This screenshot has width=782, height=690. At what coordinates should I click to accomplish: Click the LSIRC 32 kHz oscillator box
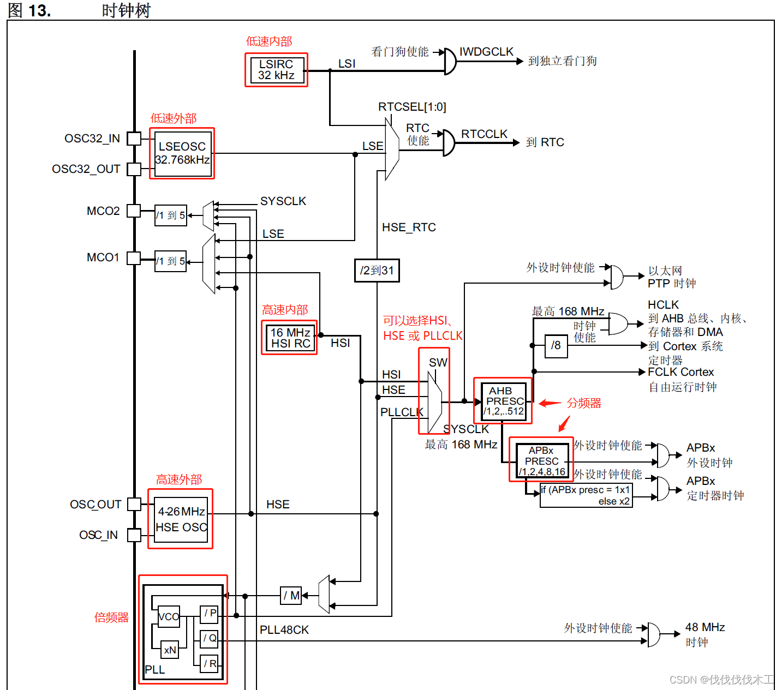276,70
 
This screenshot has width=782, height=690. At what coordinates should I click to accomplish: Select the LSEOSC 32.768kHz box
182,153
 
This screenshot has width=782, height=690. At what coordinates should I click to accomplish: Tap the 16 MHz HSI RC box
290,338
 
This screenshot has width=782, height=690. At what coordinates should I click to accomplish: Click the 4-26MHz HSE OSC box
181,519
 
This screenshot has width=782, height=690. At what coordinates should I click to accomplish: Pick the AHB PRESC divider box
503,401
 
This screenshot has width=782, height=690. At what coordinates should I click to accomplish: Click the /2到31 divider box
377,270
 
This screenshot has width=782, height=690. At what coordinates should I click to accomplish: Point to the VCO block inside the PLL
169,616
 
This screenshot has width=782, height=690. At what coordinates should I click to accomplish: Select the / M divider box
291,596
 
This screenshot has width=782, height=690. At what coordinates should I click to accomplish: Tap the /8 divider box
556,346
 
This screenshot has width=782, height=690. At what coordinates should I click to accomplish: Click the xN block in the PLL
170,650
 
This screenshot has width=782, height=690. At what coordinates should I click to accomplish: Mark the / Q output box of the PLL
210,638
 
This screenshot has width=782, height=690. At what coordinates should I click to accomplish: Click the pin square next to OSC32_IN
134,139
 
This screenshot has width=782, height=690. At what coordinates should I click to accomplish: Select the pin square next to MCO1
134,257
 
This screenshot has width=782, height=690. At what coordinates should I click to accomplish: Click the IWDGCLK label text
486,52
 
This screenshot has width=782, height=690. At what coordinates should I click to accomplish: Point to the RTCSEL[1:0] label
412,107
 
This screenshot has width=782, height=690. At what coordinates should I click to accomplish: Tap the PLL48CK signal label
284,630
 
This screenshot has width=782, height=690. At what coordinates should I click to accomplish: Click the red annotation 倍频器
111,617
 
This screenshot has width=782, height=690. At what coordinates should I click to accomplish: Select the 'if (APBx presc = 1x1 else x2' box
586,495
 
